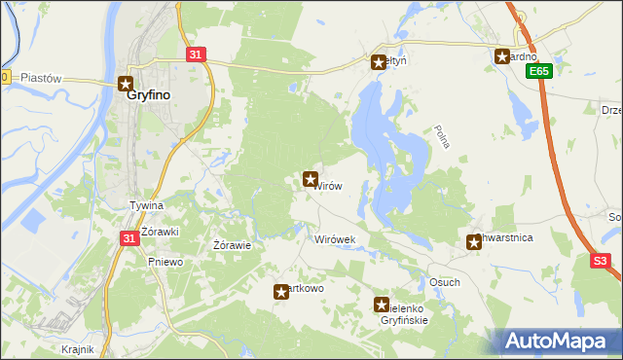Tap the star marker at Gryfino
[126, 84]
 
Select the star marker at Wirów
[311, 178]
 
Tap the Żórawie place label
[233, 245]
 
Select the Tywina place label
[147, 206]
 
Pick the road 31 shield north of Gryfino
[196, 55]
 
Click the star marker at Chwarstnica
[474, 241]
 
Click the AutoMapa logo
[560, 341]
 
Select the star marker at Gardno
[502, 56]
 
